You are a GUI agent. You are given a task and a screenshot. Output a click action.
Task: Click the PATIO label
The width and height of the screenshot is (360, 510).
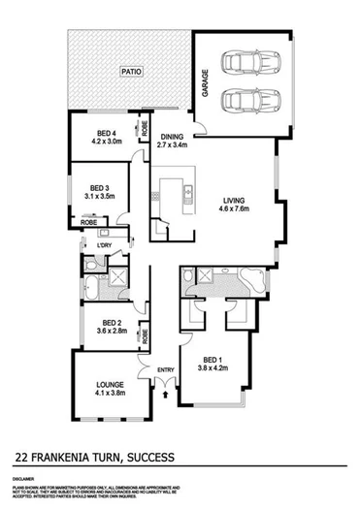click(125, 71)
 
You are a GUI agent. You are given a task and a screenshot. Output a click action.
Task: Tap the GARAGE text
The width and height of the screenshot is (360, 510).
click(206, 80)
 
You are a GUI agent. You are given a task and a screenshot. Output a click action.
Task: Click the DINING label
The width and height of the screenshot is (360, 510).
click(172, 137)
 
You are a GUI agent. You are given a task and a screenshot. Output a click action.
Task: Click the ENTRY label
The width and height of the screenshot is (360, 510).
click(167, 367)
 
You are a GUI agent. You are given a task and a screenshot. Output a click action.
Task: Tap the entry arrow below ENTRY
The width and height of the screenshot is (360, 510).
click(167, 391)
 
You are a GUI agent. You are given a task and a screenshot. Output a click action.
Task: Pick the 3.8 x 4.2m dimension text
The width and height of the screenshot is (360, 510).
click(212, 369)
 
